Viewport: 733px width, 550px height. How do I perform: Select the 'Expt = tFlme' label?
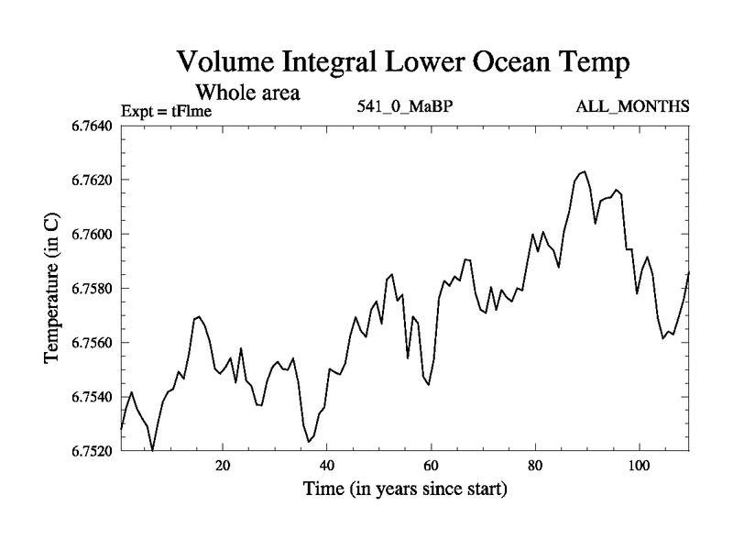[x=167, y=112]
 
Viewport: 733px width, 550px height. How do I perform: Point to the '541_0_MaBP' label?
[x=406, y=106]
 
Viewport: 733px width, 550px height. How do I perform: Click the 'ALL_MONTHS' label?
[x=632, y=106]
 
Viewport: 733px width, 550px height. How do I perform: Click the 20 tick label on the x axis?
[x=223, y=465]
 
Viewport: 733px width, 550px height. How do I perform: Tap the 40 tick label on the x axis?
[x=326, y=465]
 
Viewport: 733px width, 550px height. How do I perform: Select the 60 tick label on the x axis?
[x=430, y=465]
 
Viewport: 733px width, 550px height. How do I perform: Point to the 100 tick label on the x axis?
[x=638, y=465]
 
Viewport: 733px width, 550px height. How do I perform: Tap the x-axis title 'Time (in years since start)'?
[x=404, y=489]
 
